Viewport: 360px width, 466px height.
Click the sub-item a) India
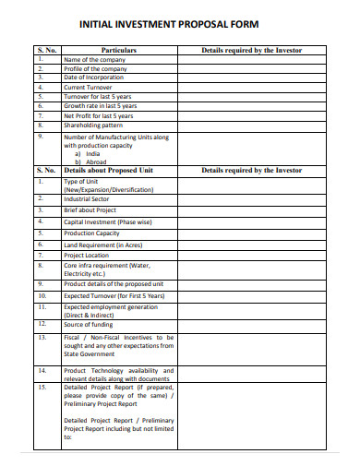(x=89, y=154)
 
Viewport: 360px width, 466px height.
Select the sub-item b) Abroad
(x=91, y=162)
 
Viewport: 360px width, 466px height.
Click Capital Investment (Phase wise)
(x=107, y=222)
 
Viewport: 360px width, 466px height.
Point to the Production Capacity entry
(x=92, y=233)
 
